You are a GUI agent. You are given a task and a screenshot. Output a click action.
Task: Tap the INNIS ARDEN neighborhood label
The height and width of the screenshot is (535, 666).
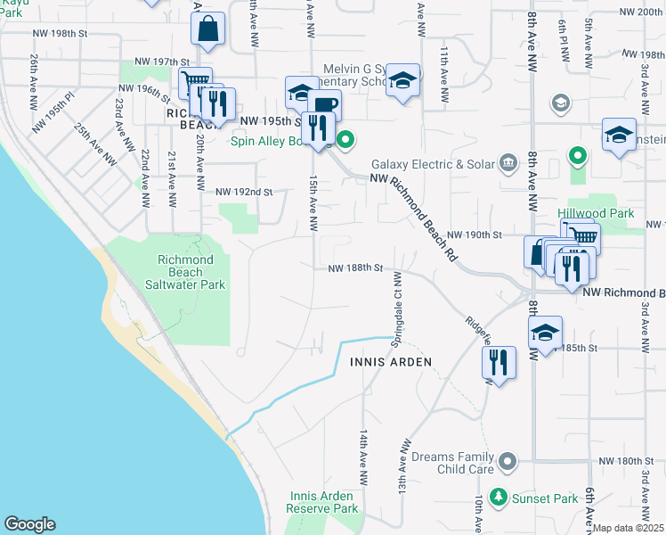391,362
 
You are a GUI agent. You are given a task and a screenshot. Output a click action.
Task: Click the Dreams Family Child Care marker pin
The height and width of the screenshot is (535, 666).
508,461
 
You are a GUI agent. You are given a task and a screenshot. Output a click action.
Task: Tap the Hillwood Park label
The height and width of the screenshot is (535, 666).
596,214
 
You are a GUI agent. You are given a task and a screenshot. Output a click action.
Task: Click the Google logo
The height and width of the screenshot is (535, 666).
29,524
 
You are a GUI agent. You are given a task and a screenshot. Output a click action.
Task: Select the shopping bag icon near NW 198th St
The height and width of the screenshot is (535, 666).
207,29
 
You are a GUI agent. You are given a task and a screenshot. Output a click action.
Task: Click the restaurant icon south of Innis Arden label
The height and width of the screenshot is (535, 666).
499,362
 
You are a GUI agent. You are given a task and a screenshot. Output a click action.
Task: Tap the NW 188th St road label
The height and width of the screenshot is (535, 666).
354,267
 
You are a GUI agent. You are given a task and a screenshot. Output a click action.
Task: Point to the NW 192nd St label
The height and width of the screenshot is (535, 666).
243,192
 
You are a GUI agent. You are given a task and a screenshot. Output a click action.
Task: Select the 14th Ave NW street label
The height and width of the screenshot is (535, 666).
364,456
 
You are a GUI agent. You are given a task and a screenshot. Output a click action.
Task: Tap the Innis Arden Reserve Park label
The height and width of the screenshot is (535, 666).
322,502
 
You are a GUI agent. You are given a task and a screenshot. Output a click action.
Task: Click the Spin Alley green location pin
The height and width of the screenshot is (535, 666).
347,139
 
